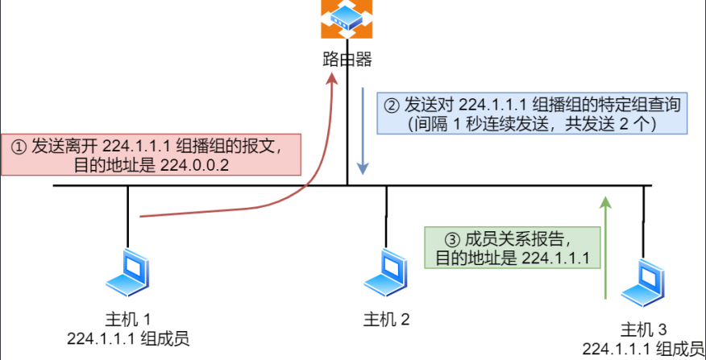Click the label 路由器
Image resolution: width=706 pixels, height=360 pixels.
tap(347, 59)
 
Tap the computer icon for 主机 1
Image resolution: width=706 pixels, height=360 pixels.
tap(129, 273)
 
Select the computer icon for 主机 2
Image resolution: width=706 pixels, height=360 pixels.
tap(386, 273)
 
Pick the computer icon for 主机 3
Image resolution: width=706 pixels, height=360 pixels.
tap(645, 281)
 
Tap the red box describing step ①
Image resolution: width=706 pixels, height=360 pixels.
tap(152, 155)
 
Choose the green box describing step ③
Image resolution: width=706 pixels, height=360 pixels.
tap(513, 247)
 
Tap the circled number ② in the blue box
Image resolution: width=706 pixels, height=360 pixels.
tap(391, 104)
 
